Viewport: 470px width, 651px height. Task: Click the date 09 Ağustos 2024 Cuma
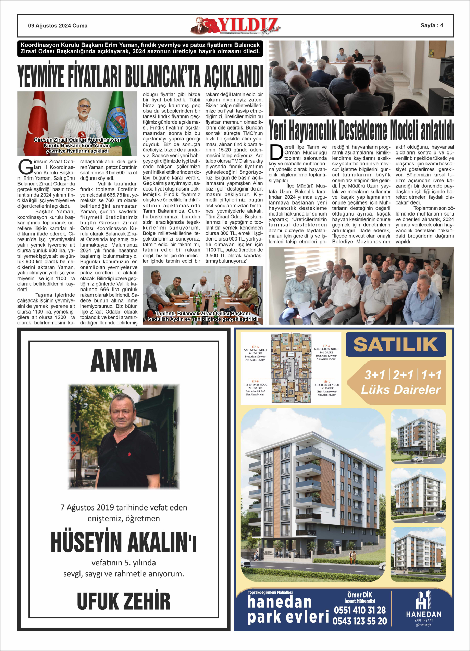pos(58,26)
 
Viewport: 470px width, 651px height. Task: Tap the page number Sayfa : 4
pos(432,25)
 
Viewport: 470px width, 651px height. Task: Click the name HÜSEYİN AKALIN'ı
pos(124,542)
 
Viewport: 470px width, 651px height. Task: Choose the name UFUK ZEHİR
pos(124,601)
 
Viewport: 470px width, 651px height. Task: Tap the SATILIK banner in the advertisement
pos(396,345)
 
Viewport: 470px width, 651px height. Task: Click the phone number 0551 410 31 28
pos(360,610)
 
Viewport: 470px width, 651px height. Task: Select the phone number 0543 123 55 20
pos(360,621)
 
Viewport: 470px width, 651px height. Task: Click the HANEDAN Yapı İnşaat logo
pos(423,609)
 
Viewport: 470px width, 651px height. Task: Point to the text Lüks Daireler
pos(400,390)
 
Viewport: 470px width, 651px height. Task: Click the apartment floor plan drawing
pos(291,368)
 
